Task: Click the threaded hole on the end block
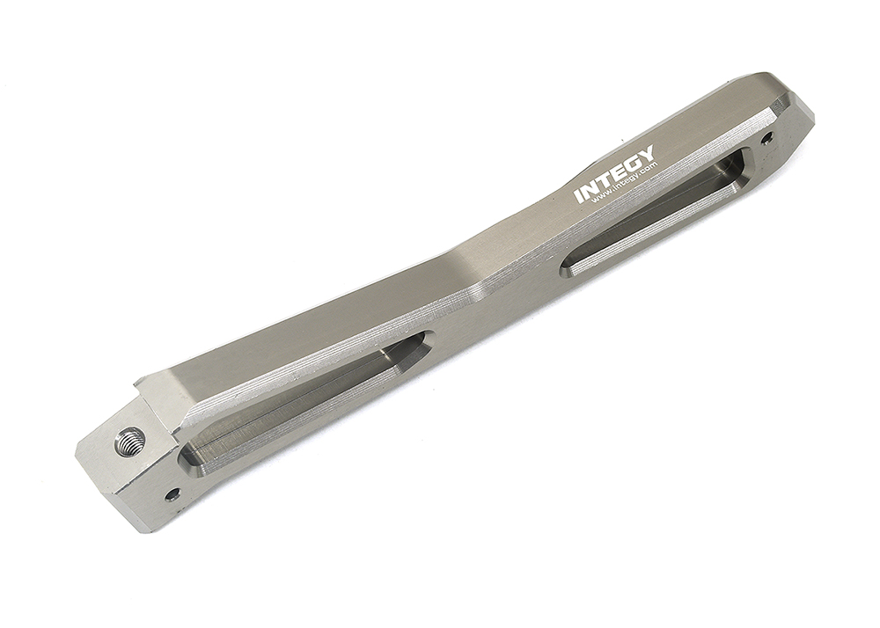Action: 129,439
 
